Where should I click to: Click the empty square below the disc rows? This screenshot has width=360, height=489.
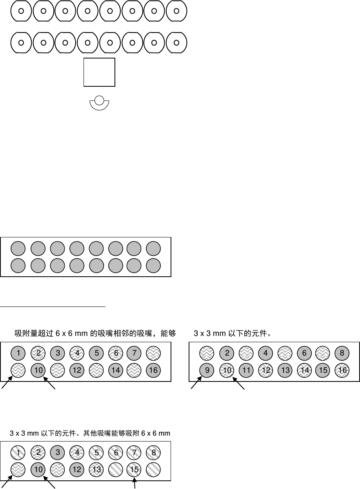coord(99,72)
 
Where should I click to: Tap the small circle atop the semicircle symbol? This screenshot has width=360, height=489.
coord(99,101)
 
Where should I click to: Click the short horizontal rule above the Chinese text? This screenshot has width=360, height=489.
coord(53,305)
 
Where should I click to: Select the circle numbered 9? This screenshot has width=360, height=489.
coord(207,370)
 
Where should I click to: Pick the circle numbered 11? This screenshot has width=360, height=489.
coord(246,370)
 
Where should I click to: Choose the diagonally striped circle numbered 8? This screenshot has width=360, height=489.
coord(154,453)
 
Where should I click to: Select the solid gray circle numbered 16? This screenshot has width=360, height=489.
coord(154,370)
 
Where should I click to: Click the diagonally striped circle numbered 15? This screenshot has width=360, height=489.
coord(135,469)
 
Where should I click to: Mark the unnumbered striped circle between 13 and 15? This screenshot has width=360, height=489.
coord(115,469)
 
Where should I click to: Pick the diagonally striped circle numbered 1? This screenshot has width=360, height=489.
coord(18,453)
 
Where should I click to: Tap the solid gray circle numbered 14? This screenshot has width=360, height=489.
coord(115,370)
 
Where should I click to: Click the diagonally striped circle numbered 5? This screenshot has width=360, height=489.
coord(96,453)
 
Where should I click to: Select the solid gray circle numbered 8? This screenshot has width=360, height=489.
coord(342,353)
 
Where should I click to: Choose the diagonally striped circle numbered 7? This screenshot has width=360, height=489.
coord(135,453)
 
